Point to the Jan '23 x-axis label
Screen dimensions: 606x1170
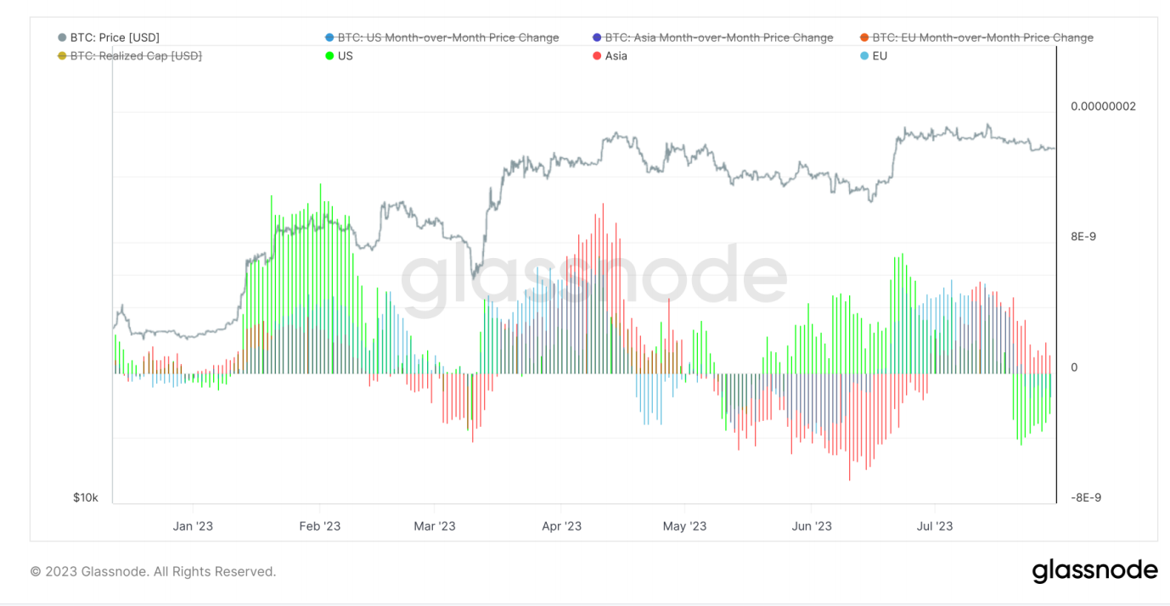[193, 526]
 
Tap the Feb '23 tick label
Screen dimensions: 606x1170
[320, 526]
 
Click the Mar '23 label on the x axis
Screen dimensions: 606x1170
[435, 526]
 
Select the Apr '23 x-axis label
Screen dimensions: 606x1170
[561, 526]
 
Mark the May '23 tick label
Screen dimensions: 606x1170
[684, 526]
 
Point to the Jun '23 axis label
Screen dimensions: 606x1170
[812, 526]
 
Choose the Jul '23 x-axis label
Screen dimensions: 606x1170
[935, 526]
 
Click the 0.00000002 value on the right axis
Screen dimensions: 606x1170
[1103, 106]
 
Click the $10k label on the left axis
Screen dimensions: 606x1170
[86, 497]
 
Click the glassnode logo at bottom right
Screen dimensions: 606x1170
[1094, 571]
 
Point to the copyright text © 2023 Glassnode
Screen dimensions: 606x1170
[153, 572]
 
